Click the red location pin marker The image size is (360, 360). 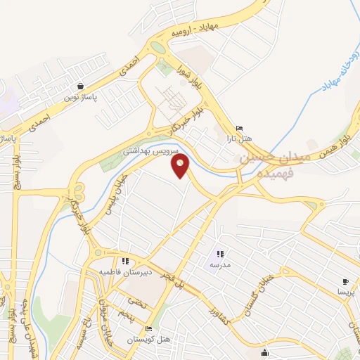(181, 167)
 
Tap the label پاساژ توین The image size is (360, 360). (82, 96)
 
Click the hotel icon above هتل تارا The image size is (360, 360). (240, 128)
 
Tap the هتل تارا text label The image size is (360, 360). (240, 139)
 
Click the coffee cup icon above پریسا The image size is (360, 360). (345, 280)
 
